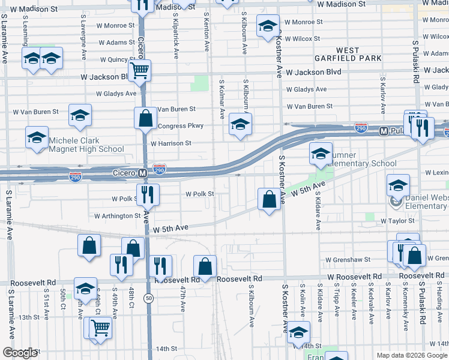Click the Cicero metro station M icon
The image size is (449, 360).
pyautogui.click(x=143, y=173)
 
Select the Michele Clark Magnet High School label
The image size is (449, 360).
pyautogui.click(x=86, y=145)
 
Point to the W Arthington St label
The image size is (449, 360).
pyautogui.click(x=117, y=216)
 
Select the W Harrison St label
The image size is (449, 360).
pyautogui.click(x=170, y=143)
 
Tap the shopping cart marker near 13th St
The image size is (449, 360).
pyautogui.click(x=100, y=327)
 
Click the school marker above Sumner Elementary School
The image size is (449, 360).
pyautogui.click(x=321, y=153)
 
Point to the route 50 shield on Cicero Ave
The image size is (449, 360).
pyautogui.click(x=148, y=298)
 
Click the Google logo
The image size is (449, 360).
pyautogui.click(x=20, y=353)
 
